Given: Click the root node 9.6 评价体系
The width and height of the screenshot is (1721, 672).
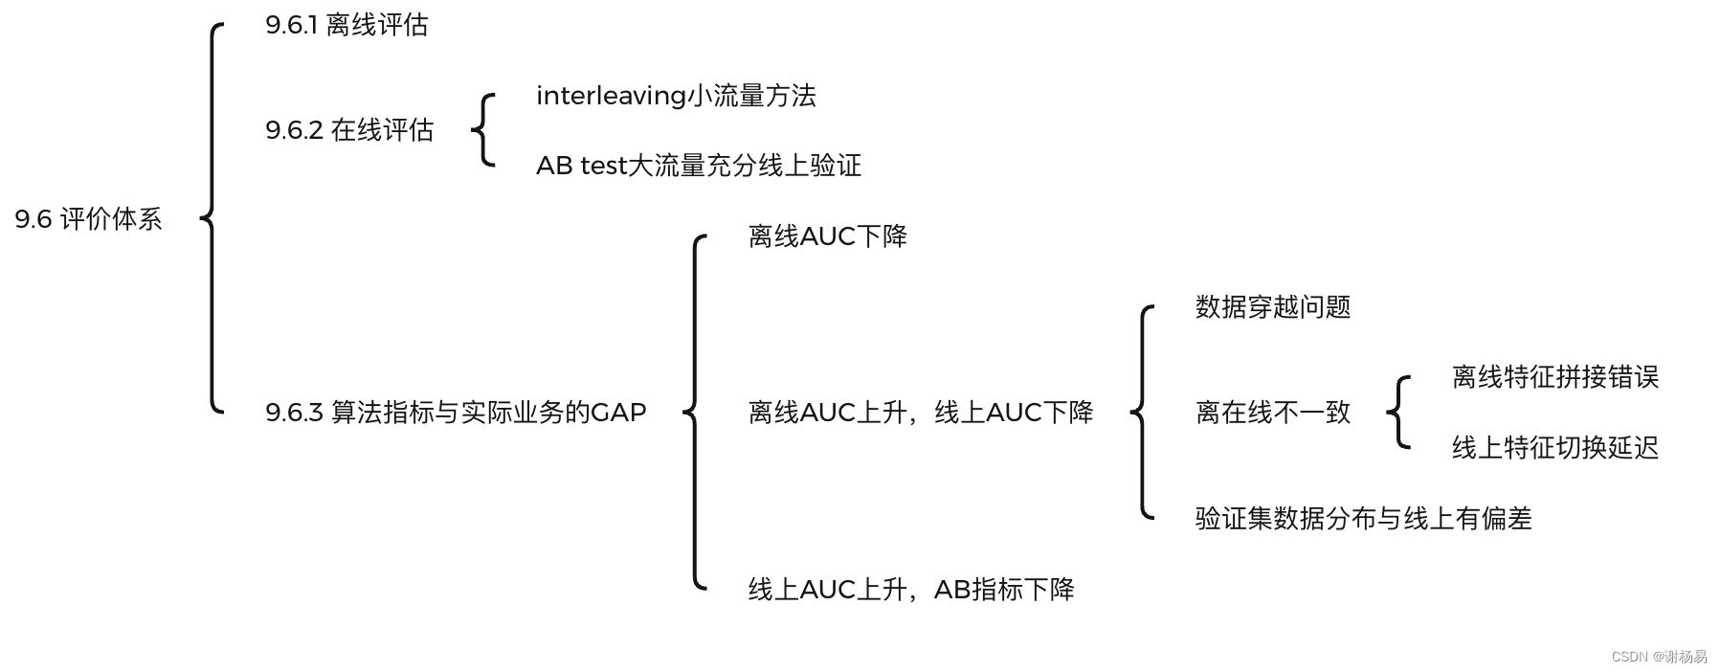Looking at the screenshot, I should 88,219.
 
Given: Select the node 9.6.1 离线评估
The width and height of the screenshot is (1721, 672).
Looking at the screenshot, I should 346,25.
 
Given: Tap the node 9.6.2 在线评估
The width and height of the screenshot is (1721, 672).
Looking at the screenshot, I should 349,130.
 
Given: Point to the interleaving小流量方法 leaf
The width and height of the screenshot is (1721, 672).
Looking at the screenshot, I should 676,96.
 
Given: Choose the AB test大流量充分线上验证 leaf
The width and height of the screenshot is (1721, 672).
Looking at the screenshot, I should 699,166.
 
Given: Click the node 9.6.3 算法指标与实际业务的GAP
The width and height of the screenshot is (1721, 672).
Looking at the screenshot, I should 456,413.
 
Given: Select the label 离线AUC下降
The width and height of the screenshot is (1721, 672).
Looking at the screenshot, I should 828,236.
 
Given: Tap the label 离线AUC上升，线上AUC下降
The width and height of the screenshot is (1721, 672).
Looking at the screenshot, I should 921,413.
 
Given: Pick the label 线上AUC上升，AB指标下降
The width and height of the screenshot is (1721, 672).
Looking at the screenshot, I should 911,590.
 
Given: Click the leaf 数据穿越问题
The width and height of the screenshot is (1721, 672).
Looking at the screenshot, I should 1273,307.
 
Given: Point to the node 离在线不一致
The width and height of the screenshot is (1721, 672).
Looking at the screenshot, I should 1273,413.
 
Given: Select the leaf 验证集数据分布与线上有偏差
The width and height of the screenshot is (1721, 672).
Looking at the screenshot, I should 1364,519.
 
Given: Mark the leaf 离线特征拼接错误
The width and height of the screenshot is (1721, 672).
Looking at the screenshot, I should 1555,377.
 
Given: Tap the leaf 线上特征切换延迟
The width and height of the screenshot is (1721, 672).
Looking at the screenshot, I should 1555,448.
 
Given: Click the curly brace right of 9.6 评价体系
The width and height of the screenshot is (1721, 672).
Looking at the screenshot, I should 212,218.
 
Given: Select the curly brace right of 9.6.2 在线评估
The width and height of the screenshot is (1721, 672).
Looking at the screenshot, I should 483,130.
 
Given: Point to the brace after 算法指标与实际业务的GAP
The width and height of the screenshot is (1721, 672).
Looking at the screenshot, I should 696,413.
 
